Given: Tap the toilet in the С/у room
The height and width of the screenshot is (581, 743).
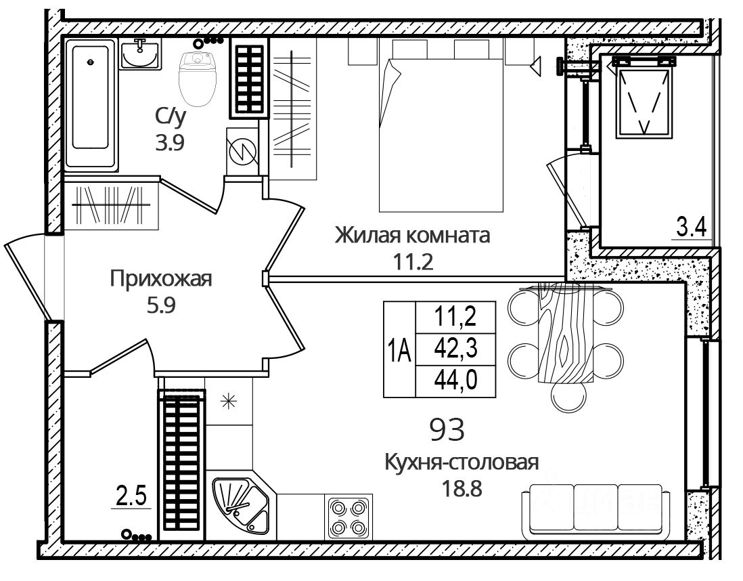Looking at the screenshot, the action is (x=198, y=79).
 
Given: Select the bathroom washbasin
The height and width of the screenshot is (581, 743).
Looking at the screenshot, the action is (x=139, y=54).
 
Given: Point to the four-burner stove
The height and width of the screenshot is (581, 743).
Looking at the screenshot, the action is (x=348, y=516).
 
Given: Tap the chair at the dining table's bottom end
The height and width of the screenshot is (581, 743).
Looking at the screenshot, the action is (x=569, y=397).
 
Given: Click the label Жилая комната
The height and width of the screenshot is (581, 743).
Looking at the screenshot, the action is (x=412, y=235).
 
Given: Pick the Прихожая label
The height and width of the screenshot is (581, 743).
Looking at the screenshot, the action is (x=160, y=279).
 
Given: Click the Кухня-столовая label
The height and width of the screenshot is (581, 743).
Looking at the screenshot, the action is (x=461, y=461).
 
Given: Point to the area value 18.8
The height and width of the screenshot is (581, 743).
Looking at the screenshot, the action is (x=461, y=488).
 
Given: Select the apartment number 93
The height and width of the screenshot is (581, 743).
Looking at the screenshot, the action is (x=447, y=429).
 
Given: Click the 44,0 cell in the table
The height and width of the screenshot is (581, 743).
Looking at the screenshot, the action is (x=455, y=381).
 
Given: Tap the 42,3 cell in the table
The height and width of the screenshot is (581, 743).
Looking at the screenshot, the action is (x=455, y=349).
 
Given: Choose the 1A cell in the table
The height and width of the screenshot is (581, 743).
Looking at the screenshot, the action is (x=399, y=349).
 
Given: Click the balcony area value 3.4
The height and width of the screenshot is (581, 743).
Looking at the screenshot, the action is (x=691, y=228).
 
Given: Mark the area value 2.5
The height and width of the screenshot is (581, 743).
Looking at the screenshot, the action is (x=131, y=497).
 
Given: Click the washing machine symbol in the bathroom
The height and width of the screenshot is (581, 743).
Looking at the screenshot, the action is (x=242, y=151).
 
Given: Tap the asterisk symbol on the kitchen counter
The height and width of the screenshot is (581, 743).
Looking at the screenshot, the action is (x=229, y=402).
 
